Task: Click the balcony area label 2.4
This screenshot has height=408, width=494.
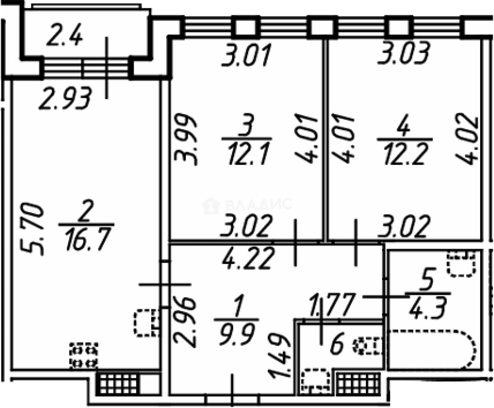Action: (64, 35)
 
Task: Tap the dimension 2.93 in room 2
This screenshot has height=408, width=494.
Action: (65, 98)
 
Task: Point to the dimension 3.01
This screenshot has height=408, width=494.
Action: (246, 55)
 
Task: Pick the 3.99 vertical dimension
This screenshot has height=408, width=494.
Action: (186, 140)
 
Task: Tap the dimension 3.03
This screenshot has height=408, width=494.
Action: (403, 53)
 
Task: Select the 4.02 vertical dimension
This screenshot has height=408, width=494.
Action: (466, 139)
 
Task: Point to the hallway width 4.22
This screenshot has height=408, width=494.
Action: (249, 258)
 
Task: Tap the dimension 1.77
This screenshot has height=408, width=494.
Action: (332, 305)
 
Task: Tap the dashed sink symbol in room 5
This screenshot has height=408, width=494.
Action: (461, 264)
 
